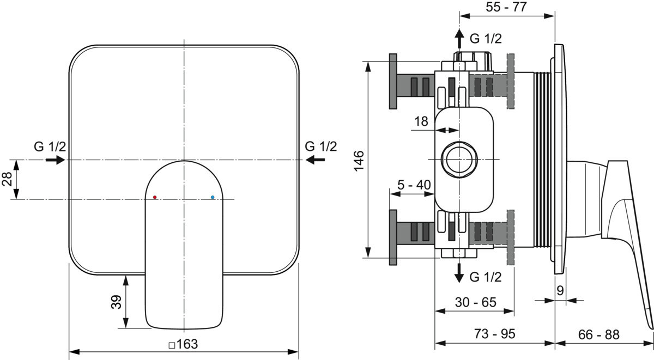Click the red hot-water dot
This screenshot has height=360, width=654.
pyautogui.click(x=155, y=198)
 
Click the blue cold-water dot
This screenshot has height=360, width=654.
pyautogui.click(x=213, y=198)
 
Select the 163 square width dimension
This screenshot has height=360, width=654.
pyautogui.click(x=183, y=344)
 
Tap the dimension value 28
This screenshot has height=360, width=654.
pyautogui.click(x=7, y=179)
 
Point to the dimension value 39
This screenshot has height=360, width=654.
pyautogui.click(x=116, y=302)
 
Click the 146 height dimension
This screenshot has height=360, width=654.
pyautogui.click(x=359, y=161)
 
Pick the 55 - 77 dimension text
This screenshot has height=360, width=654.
pyautogui.click(x=506, y=7)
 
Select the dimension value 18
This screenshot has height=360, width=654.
pyautogui.click(x=421, y=121)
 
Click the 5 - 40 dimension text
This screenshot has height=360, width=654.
pyautogui.click(x=414, y=185)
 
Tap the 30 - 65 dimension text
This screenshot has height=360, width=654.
pyautogui.click(x=476, y=302)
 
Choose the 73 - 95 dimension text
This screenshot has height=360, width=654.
pyautogui.click(x=495, y=334)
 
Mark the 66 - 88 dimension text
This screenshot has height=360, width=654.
pyautogui.click(x=599, y=334)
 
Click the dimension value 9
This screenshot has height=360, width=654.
pyautogui.click(x=560, y=291)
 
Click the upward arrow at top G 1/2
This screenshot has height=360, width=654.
pyautogui.click(x=459, y=39)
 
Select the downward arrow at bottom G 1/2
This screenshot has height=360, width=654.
pyautogui.click(x=459, y=273)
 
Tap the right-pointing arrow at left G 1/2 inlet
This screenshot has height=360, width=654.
pyautogui.click(x=56, y=160)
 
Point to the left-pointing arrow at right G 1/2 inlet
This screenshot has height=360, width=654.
pyautogui.click(x=316, y=160)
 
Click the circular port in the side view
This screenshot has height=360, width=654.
pyautogui.click(x=459, y=159)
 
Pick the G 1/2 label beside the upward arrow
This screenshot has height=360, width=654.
pyautogui.click(x=486, y=39)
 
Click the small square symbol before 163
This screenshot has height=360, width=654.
pyautogui.click(x=172, y=345)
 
